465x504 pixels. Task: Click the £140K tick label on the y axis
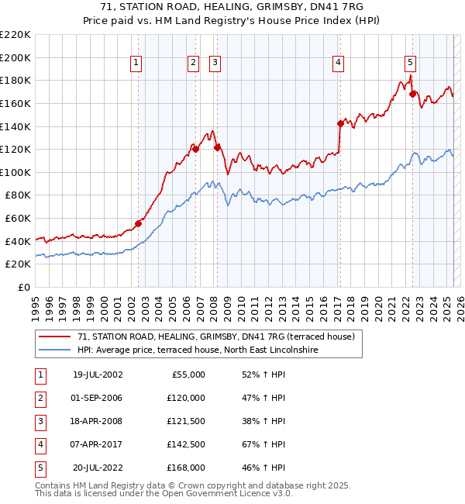(16, 126)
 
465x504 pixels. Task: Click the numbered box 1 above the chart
(136, 64)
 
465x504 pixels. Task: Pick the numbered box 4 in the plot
(339, 64)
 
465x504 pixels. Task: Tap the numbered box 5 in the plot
(410, 64)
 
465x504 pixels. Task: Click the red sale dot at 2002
(139, 223)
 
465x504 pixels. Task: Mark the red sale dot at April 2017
(340, 123)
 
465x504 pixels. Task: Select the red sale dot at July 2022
(413, 93)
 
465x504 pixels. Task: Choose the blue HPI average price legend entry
(198, 350)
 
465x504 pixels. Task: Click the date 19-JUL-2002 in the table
(97, 375)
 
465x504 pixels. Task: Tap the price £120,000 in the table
(186, 398)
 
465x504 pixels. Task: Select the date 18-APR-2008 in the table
(97, 421)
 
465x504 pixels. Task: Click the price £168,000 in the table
(186, 468)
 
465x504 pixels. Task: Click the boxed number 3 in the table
(40, 421)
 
